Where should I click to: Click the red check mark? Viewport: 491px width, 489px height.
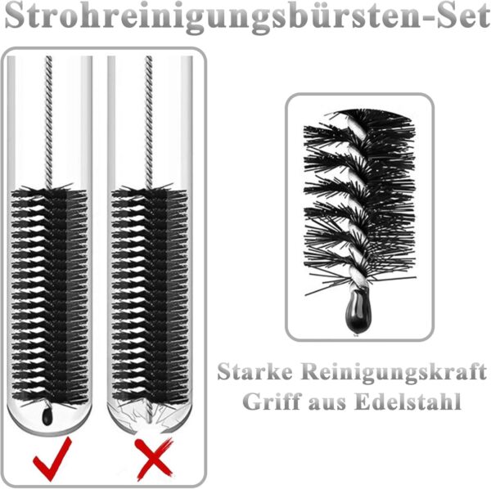(x=52, y=460)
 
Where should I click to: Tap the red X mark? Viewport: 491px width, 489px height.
(x=154, y=459)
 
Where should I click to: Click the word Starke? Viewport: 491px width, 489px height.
(x=255, y=371)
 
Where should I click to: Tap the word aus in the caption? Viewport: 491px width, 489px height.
(x=327, y=404)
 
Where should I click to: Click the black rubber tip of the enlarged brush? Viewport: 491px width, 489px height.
(x=358, y=311)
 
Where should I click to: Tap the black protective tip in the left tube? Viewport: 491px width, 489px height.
(x=47, y=415)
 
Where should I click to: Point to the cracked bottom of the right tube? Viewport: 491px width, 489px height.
(x=150, y=417)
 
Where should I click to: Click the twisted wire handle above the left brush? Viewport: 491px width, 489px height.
(x=48, y=122)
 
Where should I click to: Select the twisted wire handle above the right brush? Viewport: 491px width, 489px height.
(x=149, y=122)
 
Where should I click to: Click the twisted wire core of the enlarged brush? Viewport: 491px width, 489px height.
(x=358, y=204)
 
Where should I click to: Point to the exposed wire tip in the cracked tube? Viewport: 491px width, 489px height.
(x=150, y=414)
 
